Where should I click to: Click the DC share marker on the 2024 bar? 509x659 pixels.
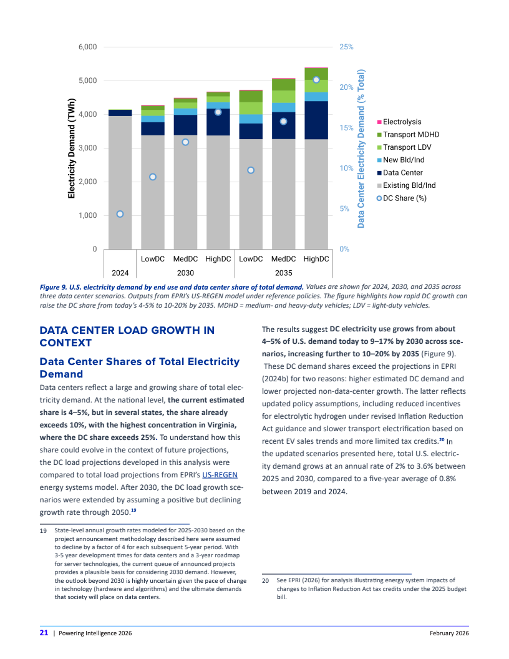point(120,214)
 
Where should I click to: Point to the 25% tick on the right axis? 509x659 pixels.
point(347,47)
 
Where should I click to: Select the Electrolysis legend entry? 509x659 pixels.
point(402,122)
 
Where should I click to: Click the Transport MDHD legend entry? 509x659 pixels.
point(410,135)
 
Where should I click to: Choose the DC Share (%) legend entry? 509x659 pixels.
point(404,198)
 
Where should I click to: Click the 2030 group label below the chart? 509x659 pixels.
point(185,273)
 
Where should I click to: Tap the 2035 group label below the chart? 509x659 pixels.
point(283,273)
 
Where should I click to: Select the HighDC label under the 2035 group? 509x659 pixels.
point(316,258)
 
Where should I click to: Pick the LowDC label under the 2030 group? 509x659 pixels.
point(152,258)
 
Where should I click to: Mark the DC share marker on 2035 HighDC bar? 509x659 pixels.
point(316,80)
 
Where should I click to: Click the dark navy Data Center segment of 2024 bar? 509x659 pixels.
point(120,112)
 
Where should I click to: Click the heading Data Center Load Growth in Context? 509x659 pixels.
point(127,336)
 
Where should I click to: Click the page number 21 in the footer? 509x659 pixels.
point(44,633)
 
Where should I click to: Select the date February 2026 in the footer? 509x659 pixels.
point(449,633)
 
